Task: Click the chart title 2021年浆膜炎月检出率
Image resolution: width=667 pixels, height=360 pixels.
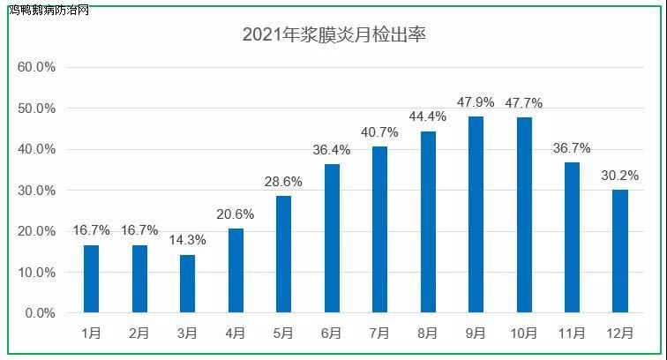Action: (x=334, y=35)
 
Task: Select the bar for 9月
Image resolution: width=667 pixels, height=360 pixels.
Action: (x=476, y=214)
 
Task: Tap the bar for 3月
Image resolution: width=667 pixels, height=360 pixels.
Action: (x=187, y=283)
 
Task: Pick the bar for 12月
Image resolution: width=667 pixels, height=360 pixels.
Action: (x=620, y=251)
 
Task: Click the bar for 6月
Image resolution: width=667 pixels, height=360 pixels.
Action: (x=332, y=238)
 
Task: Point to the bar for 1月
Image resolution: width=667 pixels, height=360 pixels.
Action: (x=92, y=279)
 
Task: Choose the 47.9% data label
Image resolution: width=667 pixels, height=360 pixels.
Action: (x=476, y=102)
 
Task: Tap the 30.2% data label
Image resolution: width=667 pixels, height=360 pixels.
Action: (x=620, y=176)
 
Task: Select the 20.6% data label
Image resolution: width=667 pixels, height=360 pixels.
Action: (x=236, y=214)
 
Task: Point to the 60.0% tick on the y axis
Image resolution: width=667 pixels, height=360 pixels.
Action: (x=37, y=67)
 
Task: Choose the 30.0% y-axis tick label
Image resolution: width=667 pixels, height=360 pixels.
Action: (x=37, y=191)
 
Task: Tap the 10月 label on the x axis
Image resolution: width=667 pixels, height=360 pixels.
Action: (x=524, y=333)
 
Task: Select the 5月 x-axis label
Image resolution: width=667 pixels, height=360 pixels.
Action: (x=283, y=333)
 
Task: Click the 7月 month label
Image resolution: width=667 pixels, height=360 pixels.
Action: (x=379, y=333)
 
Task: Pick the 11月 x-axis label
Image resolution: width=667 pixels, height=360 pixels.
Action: (x=572, y=333)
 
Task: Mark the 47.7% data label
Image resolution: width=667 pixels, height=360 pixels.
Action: (x=524, y=103)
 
